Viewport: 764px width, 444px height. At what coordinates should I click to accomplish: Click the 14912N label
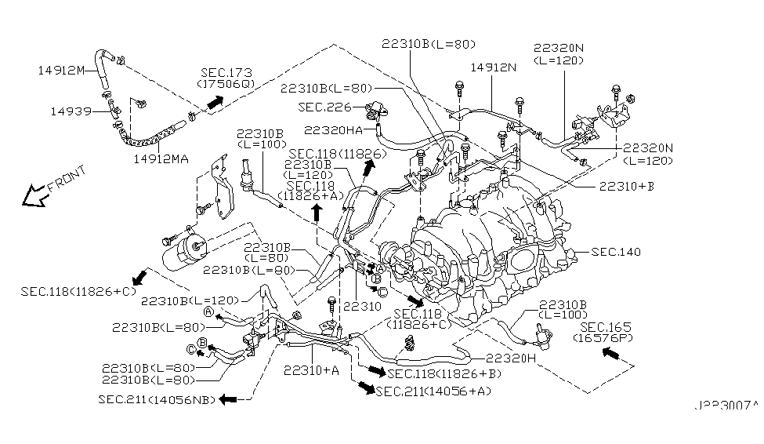(x=493, y=68)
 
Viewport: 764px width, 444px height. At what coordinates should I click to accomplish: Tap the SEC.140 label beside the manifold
(x=616, y=252)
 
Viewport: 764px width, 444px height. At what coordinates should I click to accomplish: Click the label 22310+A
(x=311, y=369)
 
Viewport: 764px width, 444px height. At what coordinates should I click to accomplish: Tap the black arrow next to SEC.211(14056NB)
(x=228, y=399)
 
